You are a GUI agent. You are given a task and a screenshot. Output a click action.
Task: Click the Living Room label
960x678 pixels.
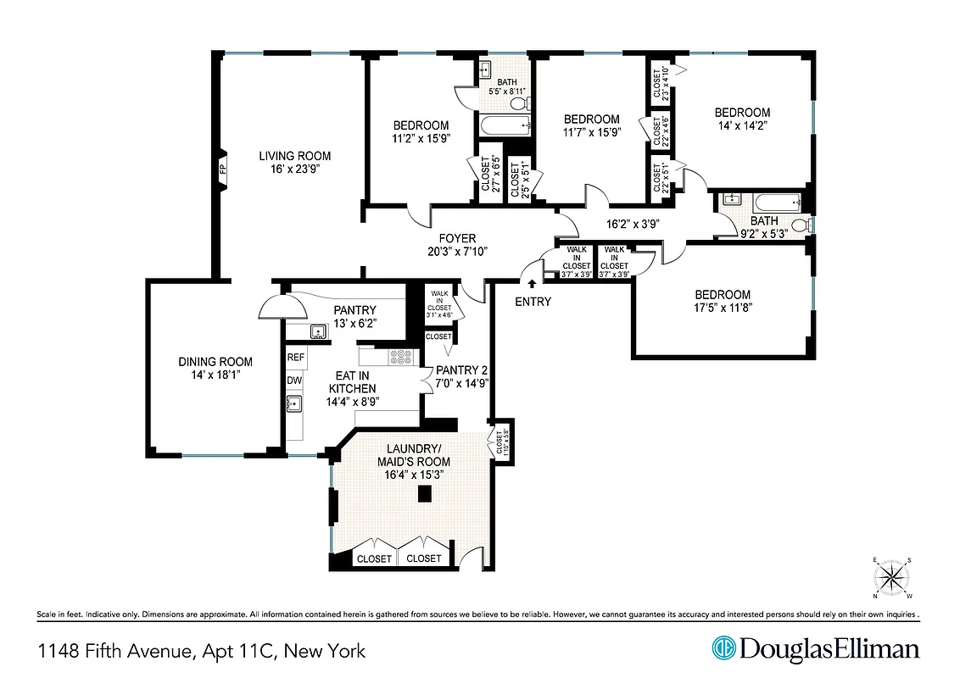pos(294,156)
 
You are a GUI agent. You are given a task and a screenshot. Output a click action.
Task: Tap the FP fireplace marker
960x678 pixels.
pos(223,169)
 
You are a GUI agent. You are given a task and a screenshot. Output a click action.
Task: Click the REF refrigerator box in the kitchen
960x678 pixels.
pos(295,358)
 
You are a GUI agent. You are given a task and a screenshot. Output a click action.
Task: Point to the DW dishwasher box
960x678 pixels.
pos(294,381)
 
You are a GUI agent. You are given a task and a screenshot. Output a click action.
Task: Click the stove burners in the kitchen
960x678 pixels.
pos(399,358)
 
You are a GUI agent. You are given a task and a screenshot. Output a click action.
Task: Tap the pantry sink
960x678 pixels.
pos(320,331)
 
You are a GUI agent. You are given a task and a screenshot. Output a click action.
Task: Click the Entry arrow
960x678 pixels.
pos(533,286)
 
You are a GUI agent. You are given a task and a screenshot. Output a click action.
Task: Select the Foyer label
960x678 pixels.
pos(457,238)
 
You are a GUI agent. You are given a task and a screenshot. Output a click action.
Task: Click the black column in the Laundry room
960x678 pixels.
pos(421,497)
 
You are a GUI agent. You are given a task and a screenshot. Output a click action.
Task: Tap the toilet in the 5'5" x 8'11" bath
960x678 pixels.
pos(520,104)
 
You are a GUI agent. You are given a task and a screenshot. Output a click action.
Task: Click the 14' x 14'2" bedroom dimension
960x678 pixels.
pos(742,127)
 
